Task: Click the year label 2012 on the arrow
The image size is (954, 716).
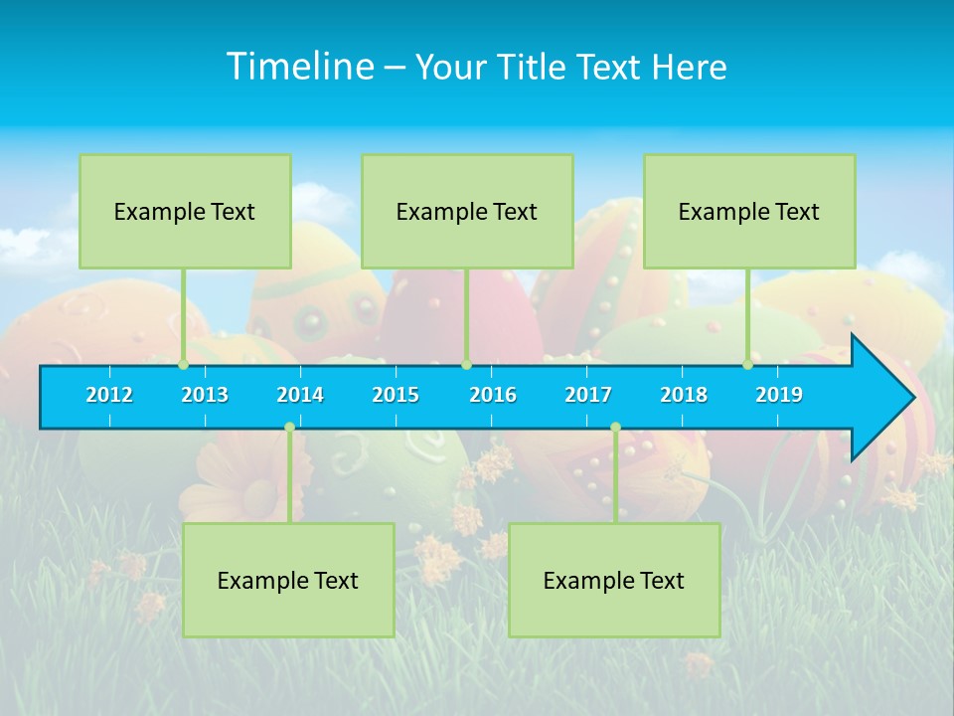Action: [x=109, y=395]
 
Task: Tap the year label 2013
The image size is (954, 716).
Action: [x=205, y=395]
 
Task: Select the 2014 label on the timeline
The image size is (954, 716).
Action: [x=300, y=395]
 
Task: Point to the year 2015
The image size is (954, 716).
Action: [x=396, y=395]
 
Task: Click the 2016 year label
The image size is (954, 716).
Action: [x=493, y=395]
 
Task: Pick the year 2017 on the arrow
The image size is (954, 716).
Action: [x=588, y=395]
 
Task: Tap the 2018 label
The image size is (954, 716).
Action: [x=684, y=395]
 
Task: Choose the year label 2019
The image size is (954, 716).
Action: [x=779, y=395]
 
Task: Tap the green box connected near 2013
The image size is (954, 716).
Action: [x=185, y=212]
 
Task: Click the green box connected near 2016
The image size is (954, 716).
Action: [x=467, y=212]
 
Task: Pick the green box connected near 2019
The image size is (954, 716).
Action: [x=749, y=212]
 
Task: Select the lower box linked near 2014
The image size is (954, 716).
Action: [x=288, y=580]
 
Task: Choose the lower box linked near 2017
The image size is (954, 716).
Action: [x=614, y=580]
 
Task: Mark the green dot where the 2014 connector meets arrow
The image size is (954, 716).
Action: [x=289, y=427]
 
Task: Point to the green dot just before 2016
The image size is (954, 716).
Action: [x=466, y=365]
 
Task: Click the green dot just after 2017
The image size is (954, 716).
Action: [x=615, y=427]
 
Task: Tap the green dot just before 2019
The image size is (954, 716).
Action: [x=747, y=365]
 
